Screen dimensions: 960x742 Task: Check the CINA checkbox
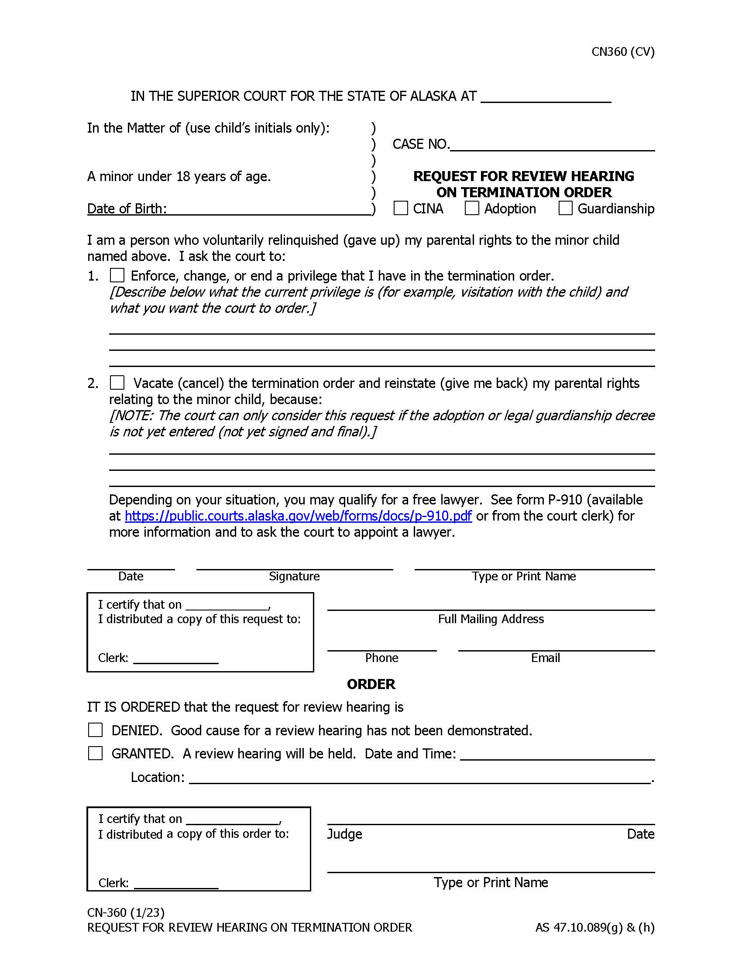[x=400, y=208]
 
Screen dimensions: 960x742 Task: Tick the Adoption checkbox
[x=472, y=208]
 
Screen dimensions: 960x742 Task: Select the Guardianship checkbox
[x=565, y=208]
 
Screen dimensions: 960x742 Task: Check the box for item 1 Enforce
[x=117, y=275]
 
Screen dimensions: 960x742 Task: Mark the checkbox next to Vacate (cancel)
[x=117, y=382]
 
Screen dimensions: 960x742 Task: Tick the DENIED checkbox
[x=96, y=730]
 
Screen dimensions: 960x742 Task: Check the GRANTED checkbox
[x=96, y=754]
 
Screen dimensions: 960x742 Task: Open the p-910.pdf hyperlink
[x=298, y=516]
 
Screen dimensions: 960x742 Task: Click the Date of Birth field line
[x=269, y=210]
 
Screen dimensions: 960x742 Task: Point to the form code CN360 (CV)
[x=623, y=52]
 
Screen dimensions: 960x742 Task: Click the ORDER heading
[x=371, y=684]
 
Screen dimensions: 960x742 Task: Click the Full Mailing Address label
[x=491, y=619]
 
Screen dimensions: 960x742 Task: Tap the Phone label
[x=381, y=658]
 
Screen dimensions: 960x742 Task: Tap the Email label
[x=545, y=658]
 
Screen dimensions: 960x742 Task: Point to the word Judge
[x=345, y=834]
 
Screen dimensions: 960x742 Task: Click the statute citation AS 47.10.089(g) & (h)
[x=595, y=927]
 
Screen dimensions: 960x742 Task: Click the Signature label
[x=294, y=576]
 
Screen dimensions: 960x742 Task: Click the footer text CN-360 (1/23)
[x=126, y=912]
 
